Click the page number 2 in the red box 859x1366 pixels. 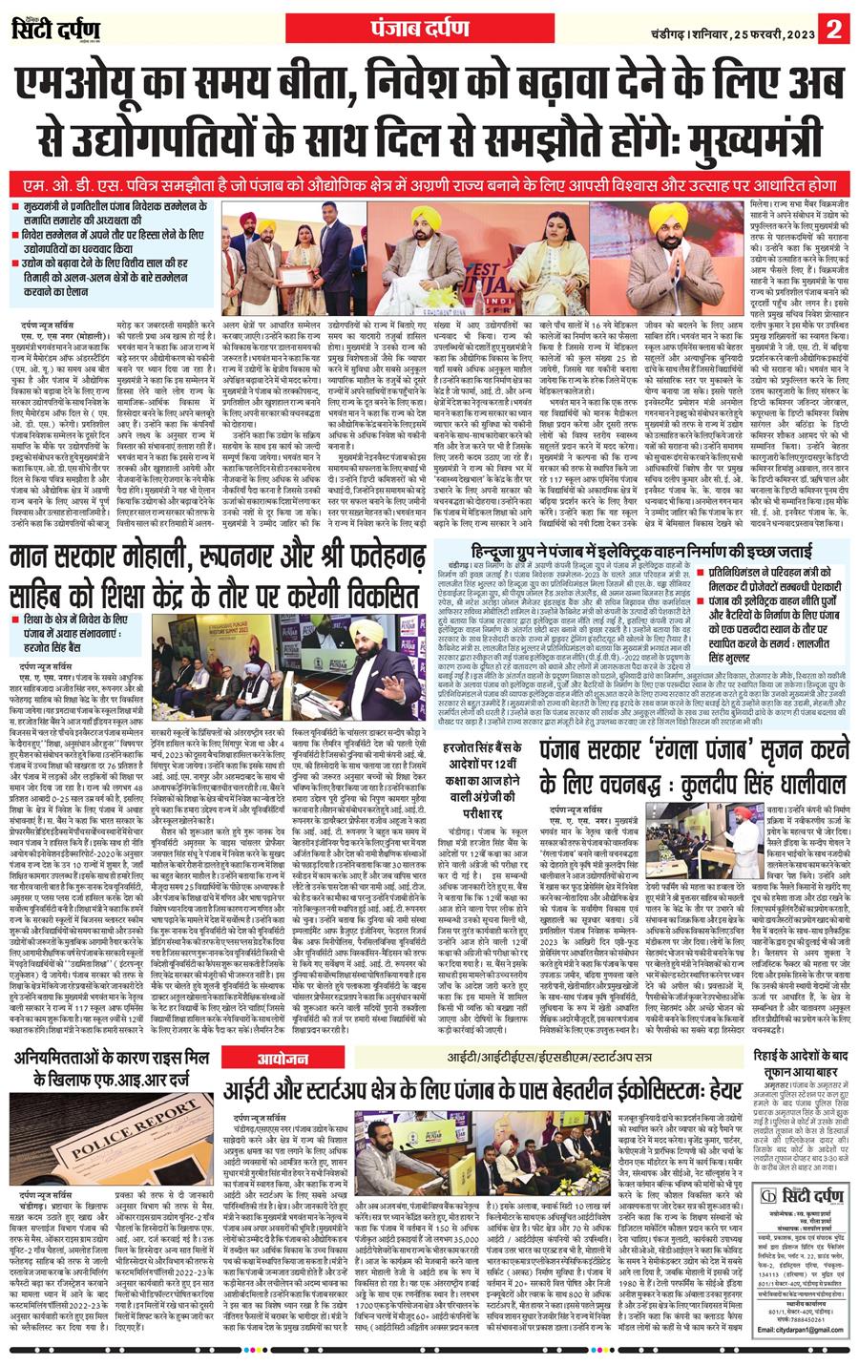(835, 25)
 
